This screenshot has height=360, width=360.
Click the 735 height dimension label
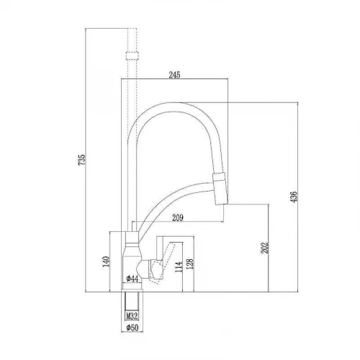coord(82,160)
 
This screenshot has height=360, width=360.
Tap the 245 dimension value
coord(174,75)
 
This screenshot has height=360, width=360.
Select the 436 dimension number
coord(294,197)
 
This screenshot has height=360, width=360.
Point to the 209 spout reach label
coord(178,217)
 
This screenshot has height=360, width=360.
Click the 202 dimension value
coord(264,248)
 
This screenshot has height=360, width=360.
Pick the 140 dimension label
coord(106,261)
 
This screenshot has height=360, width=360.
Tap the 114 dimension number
coord(179,267)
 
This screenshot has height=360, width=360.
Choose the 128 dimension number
coord(189,264)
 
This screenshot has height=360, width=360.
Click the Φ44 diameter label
coord(132,279)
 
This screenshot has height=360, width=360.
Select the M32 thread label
coord(132,316)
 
